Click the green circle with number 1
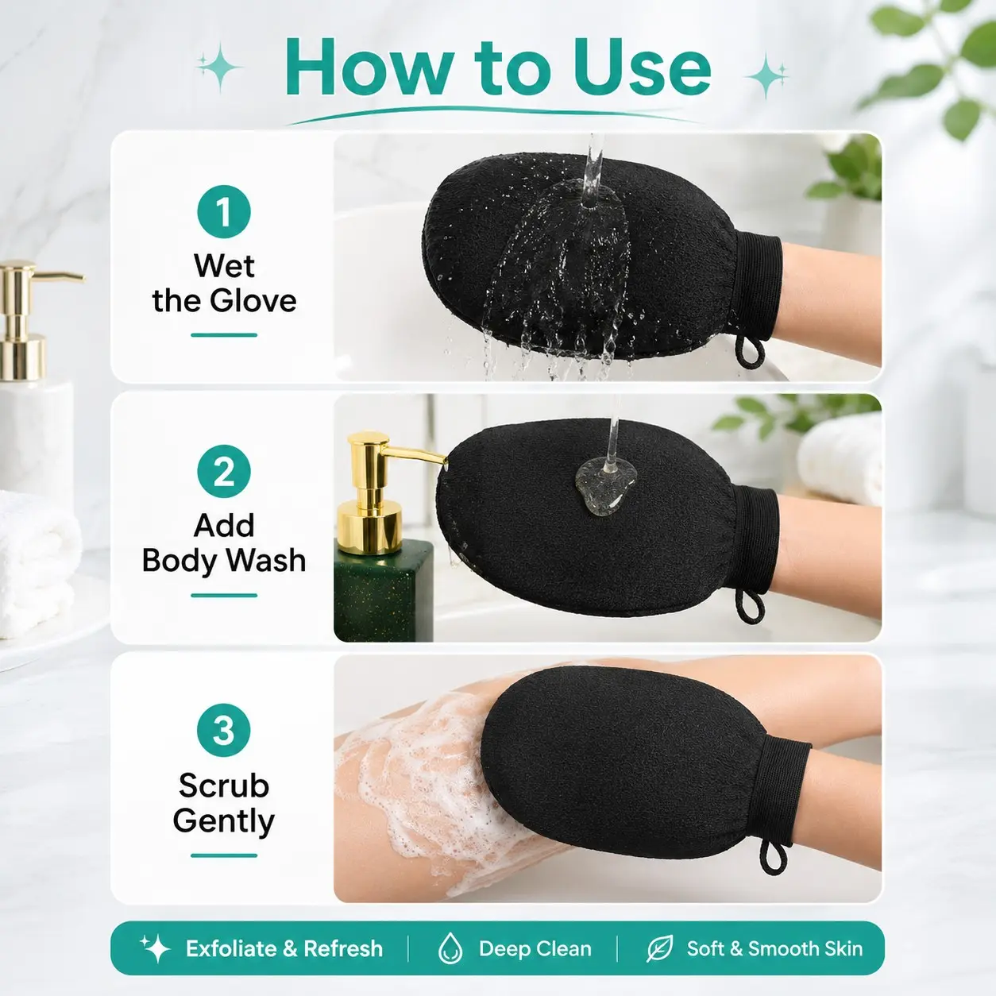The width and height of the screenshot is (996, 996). click(224, 211)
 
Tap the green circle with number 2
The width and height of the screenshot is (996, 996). click(224, 471)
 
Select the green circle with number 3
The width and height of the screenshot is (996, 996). click(224, 731)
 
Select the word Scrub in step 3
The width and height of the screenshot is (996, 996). click(224, 786)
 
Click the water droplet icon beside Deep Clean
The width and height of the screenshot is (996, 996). click(450, 948)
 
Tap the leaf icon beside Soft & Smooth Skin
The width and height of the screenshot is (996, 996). click(660, 948)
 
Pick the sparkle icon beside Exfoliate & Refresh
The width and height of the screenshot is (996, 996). click(155, 948)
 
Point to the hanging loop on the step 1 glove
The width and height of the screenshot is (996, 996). click(749, 352)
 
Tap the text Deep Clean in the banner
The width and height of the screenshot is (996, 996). click(535, 948)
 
